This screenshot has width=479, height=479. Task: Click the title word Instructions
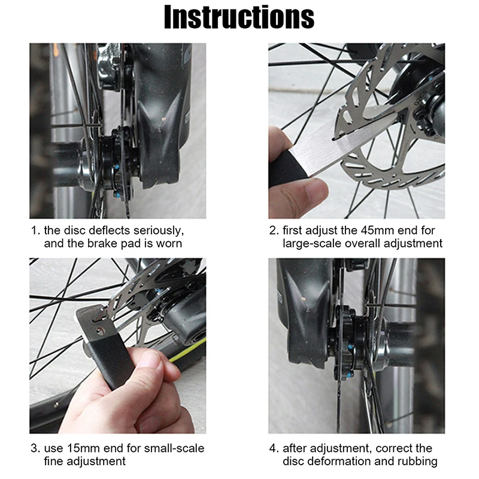coord(239,17)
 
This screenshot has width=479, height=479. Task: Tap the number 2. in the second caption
coord(273,231)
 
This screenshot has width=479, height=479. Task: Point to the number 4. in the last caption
coord(273,448)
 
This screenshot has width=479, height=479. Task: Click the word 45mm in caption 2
coord(374,231)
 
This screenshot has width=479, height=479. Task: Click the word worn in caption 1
coord(169,244)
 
